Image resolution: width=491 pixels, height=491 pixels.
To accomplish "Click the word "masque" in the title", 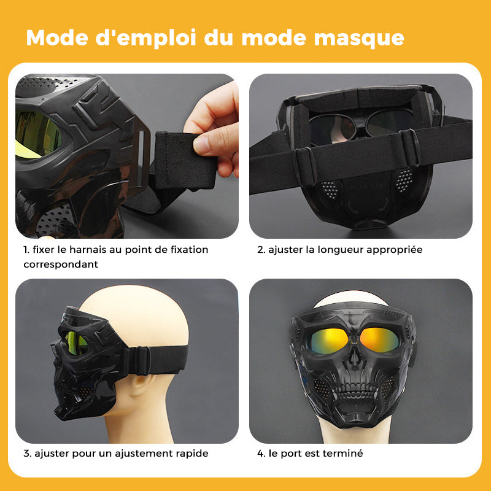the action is (359, 38).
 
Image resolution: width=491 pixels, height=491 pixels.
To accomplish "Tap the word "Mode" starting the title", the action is (57, 37).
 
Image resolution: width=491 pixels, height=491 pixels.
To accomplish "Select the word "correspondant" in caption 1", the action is (61, 265).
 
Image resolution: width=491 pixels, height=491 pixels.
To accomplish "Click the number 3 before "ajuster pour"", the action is (27, 453).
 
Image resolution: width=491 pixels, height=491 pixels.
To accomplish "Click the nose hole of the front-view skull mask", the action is (354, 357).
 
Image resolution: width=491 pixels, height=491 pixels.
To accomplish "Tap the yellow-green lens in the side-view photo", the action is (75, 344).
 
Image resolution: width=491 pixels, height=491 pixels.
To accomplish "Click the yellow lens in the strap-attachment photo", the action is (37, 134).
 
